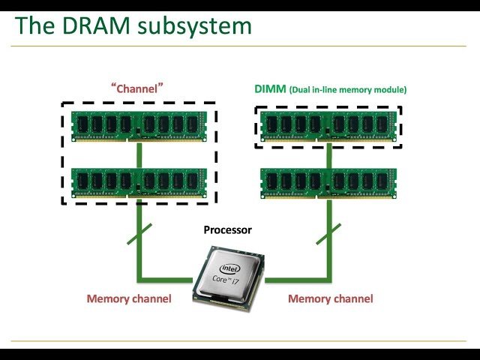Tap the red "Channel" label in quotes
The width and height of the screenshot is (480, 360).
[x=137, y=88]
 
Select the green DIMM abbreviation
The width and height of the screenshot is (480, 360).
[x=270, y=89]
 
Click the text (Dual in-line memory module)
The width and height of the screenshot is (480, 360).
[x=348, y=90]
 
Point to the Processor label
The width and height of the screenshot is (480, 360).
[x=227, y=230]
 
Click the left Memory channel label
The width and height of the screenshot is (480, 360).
[x=129, y=298]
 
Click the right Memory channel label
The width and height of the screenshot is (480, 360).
[x=330, y=298]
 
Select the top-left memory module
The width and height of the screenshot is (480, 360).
[x=139, y=126]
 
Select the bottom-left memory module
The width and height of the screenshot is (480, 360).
[x=139, y=183]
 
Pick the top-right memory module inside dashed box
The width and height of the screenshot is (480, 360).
[x=328, y=126]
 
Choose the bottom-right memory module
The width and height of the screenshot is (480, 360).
[x=328, y=183]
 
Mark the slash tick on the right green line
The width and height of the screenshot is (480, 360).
[x=328, y=233]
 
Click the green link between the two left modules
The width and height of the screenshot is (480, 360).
[x=139, y=154]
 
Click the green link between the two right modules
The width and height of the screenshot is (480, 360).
[x=328, y=156]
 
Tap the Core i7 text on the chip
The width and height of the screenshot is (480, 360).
[x=229, y=281]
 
